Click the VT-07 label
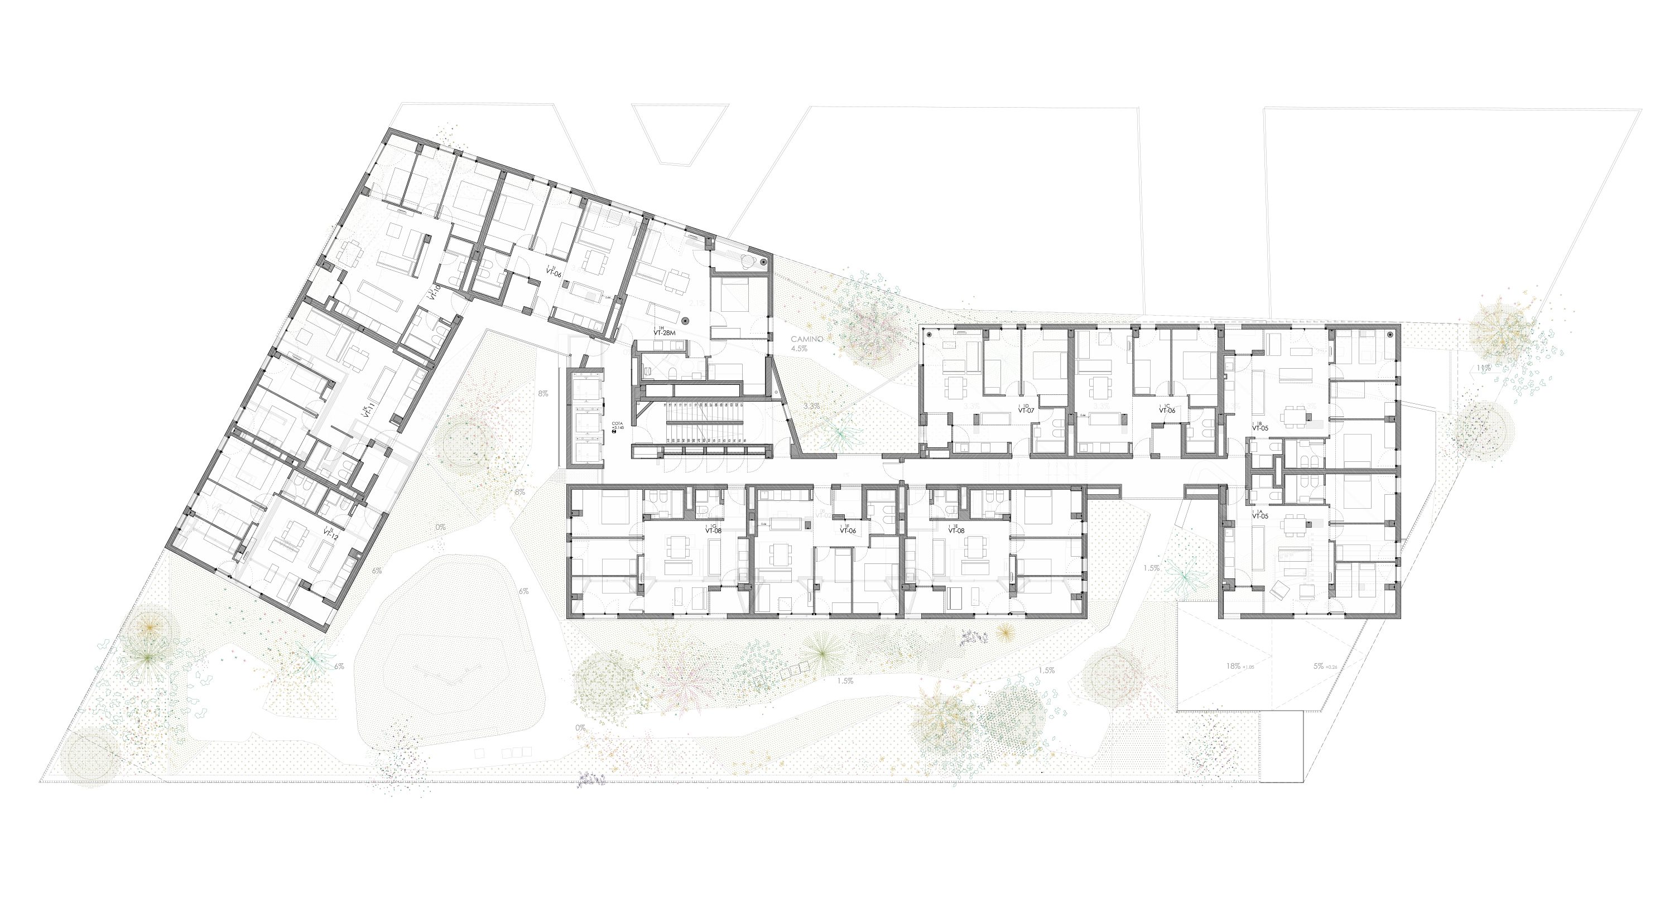[x=1026, y=411]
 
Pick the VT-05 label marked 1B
[x=1260, y=427]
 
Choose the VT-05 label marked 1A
[x=1260, y=517]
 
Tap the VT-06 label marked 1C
[x=1168, y=411]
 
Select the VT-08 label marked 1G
[x=714, y=530]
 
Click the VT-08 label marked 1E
[x=956, y=530]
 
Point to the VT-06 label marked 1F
[x=848, y=530]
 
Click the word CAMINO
[x=807, y=339]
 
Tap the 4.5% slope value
[x=800, y=349]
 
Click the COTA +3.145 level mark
[x=615, y=430]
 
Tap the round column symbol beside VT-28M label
[x=686, y=320]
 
